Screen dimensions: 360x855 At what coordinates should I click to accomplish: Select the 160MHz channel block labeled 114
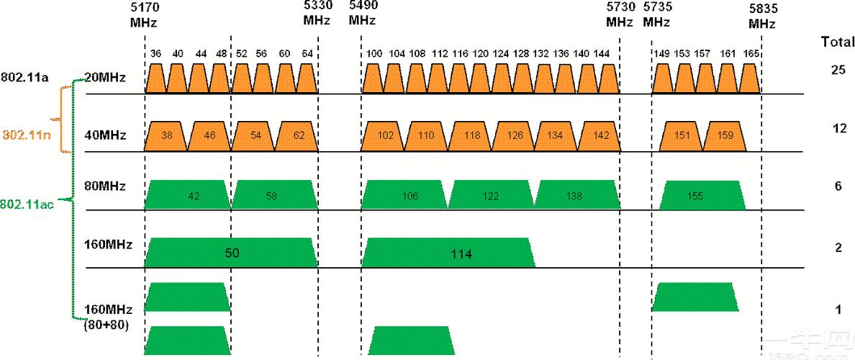coord(448,253)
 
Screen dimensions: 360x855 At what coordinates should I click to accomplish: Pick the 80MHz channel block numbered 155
coord(702,196)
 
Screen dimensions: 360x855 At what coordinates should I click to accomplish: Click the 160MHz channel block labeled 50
coord(231,253)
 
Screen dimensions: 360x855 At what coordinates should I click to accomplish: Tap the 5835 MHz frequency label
coord(761,14)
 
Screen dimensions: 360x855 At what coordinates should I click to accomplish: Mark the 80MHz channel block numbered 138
coord(575,196)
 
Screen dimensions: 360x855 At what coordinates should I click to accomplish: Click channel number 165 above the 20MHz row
coord(751,54)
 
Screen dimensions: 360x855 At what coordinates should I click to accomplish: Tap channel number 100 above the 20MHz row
coord(374,54)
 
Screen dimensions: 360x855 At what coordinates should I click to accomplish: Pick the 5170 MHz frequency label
coord(145,14)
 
